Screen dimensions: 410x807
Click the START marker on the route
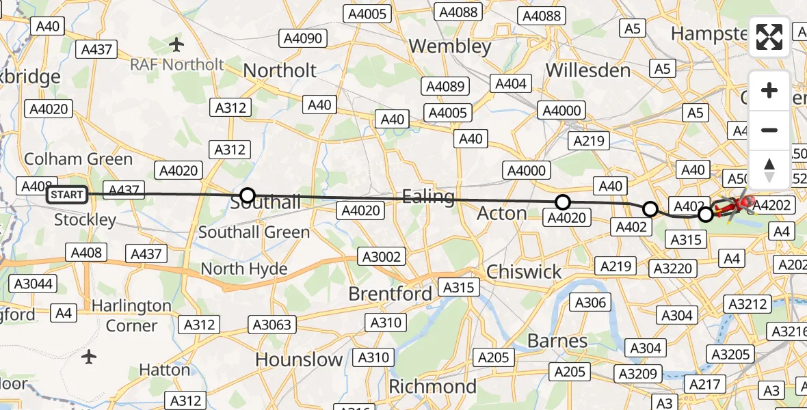pyautogui.click(x=67, y=195)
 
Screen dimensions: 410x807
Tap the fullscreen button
pyautogui.click(x=769, y=37)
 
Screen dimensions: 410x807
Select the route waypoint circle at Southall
pyautogui.click(x=248, y=195)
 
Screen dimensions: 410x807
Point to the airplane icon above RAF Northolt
pyautogui.click(x=177, y=45)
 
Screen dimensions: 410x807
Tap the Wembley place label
pyautogui.click(x=450, y=46)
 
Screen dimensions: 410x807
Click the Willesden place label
pyautogui.click(x=588, y=70)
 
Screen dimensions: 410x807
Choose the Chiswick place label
pyautogui.click(x=524, y=272)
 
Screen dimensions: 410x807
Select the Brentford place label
pyautogui.click(x=390, y=294)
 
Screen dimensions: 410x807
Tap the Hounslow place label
pyautogui.click(x=299, y=359)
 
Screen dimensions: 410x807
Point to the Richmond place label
pyautogui.click(x=433, y=387)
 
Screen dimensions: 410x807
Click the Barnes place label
pyautogui.click(x=557, y=340)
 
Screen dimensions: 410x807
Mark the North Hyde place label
pyautogui.click(x=243, y=269)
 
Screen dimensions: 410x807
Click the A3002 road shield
pyautogui.click(x=383, y=256)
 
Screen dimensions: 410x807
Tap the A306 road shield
pyautogui.click(x=591, y=302)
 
